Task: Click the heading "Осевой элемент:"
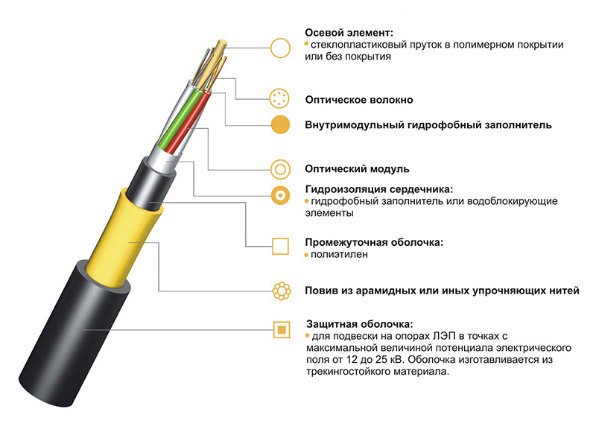point(349,33)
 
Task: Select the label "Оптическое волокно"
point(359,100)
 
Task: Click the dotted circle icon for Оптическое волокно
point(279,98)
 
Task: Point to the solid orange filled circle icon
point(281,124)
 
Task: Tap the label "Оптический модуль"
point(357,169)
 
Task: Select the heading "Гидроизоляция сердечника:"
point(379,189)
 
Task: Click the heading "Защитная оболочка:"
point(359,324)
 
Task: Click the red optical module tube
point(192,124)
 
